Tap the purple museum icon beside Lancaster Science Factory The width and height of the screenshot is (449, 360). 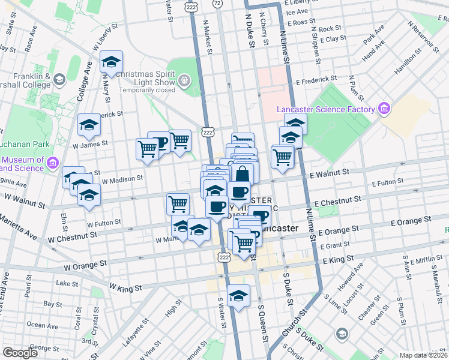[384, 109]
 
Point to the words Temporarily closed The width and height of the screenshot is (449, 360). [146, 90]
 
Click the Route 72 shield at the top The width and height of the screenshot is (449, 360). [217, 4]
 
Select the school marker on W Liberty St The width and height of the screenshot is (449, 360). [111, 62]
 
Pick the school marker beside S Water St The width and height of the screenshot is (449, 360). [238, 295]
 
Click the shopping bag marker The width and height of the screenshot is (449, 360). [243, 175]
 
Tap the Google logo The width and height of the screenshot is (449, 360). [20, 353]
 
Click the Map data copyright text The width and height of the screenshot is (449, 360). [424, 355]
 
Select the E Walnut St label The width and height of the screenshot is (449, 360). [330, 172]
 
